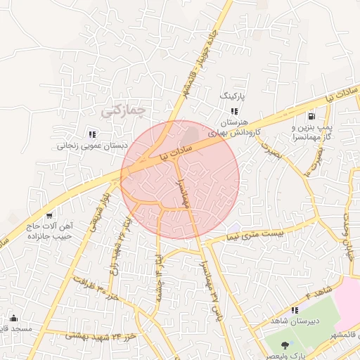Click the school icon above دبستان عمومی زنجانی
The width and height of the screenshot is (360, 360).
91,134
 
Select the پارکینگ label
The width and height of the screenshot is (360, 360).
234,94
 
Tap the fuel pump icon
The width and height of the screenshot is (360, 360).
310,116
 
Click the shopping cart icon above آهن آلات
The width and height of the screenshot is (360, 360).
49,216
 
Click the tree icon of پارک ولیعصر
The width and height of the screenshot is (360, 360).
284,345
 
